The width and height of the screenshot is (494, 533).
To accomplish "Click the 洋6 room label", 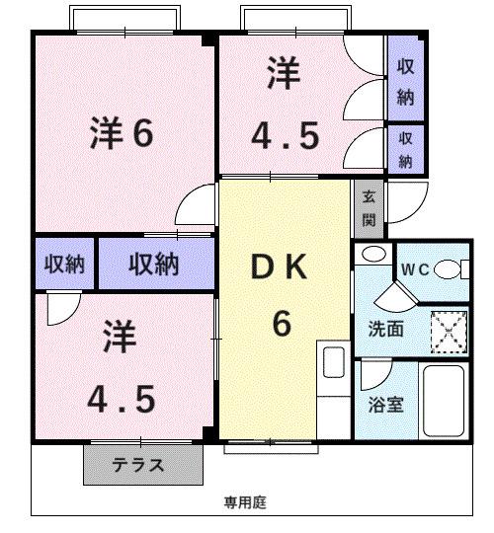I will coord(122,133).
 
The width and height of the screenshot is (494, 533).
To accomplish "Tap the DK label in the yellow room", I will coord(282,266).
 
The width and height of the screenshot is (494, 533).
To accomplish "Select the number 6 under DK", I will coord(282,322).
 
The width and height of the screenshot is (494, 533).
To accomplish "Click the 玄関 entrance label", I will coord(369,210).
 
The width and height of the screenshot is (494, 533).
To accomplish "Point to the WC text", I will coord(412,269).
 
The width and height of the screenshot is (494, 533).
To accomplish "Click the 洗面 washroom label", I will coord(386,330).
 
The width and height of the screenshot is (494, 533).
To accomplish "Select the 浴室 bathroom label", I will coord(384,404).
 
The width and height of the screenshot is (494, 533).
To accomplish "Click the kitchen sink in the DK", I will coord(333,362).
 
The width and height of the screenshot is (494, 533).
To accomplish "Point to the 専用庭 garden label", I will coord(244,502).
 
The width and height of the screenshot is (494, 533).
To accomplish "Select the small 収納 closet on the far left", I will coord(63,264).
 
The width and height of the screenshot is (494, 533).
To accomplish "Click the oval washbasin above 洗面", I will coord(372,255).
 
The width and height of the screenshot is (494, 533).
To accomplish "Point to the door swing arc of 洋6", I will coord(193,207).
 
